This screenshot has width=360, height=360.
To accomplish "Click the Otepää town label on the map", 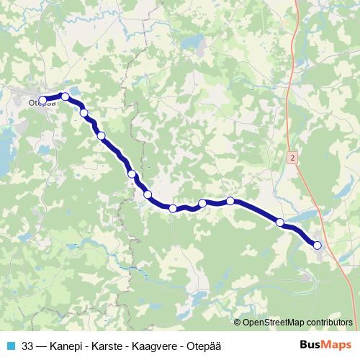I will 41,104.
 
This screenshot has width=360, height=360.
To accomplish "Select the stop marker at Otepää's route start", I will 43,101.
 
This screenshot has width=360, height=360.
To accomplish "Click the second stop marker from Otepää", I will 66,96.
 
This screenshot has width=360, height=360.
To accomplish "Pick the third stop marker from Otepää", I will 84,113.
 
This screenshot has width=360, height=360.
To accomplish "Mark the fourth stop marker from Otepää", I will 102,136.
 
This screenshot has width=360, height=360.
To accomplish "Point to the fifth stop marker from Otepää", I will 132,174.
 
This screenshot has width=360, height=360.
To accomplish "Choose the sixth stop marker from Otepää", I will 148,194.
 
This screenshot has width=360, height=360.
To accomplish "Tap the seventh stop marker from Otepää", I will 173,209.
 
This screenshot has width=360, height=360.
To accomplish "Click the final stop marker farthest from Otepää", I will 318,246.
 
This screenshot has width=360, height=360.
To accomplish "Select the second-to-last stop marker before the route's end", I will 280,222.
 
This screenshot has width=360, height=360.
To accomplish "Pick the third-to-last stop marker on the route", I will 230,201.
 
